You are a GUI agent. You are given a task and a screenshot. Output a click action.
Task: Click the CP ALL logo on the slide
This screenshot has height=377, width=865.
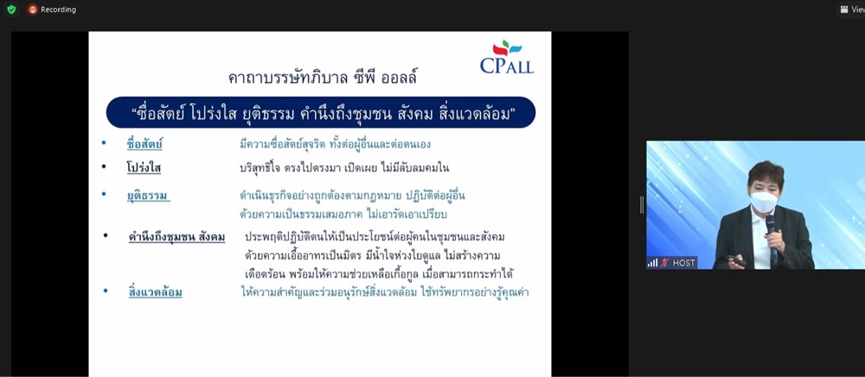pos(506,57)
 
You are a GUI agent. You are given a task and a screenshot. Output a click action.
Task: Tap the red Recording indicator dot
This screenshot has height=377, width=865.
pos(33,10)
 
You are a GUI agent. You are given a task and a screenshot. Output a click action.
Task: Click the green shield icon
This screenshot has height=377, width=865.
pos(11,10)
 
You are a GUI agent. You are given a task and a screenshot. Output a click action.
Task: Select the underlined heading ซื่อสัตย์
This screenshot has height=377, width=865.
pos(144,144)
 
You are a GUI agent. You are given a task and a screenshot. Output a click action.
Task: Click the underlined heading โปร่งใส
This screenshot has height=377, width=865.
pos(144,168)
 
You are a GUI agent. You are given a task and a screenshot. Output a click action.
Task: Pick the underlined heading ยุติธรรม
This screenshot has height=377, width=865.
pos(147,195)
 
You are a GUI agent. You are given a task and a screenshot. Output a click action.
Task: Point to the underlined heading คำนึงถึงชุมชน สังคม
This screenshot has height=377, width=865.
pos(176,238)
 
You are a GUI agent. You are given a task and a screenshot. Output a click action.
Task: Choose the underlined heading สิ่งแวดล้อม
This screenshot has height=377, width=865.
pos(155,292)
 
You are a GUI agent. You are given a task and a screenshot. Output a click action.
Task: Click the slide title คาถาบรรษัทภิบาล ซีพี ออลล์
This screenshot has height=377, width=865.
pos(322,78)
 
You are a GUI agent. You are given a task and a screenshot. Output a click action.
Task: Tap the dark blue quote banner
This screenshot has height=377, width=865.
pos(321,112)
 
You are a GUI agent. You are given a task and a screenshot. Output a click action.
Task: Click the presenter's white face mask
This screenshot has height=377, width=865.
pos(764,201)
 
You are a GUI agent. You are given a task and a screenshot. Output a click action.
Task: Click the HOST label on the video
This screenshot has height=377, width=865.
pos(683,263)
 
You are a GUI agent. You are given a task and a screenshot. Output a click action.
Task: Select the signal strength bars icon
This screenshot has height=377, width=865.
pos(652,263)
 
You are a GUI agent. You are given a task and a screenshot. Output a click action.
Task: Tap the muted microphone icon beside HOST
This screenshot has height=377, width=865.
pos(664,263)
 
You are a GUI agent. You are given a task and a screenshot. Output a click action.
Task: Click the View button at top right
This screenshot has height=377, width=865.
pos(852,10)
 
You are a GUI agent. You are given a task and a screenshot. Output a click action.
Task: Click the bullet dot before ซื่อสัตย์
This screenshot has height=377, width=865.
pos(104,144)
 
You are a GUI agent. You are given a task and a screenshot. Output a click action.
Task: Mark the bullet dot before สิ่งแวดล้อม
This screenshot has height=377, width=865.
pos(106,290)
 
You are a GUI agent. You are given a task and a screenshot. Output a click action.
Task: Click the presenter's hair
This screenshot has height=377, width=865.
pos(766,174)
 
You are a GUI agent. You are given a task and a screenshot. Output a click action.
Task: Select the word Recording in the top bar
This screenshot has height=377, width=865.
pos(59,10)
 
